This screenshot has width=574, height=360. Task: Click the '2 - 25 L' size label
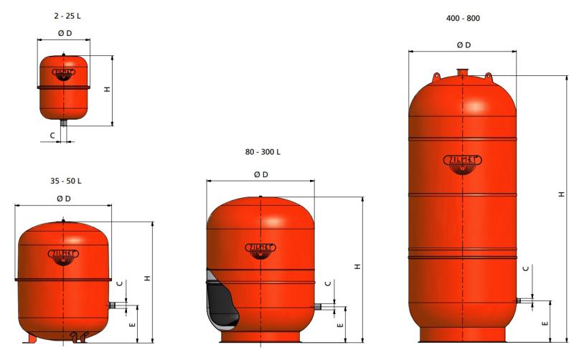pyautogui.click(x=67, y=16)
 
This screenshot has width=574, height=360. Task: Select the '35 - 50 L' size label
pyautogui.click(x=66, y=181)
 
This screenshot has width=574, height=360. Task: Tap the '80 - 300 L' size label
pyautogui.click(x=263, y=152)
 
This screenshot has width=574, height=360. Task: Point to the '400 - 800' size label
pyautogui.click(x=463, y=19)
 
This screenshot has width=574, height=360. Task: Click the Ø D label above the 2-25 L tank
pyautogui.click(x=65, y=33)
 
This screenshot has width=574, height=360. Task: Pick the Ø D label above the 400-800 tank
pyautogui.click(x=464, y=45)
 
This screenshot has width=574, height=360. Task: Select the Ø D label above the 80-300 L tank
pyautogui.click(x=261, y=174)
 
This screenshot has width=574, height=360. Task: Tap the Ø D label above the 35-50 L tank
pyautogui.click(x=64, y=199)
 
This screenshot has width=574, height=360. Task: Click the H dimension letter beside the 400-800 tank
pyautogui.click(x=562, y=194)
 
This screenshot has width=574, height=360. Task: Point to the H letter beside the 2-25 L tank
pyautogui.click(x=107, y=89)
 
